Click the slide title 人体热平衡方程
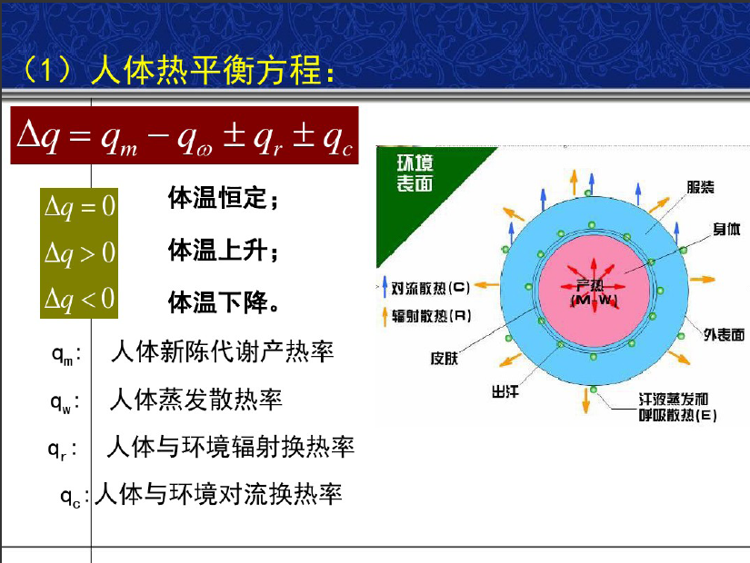click(205, 70)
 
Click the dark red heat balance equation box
click(185, 135)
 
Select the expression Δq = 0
click(79, 207)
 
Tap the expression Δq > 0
click(79, 252)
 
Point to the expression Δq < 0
click(79, 299)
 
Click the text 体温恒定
click(217, 197)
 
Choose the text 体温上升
click(217, 250)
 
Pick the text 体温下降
click(217, 302)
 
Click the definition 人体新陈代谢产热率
click(223, 351)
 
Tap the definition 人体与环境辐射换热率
click(231, 447)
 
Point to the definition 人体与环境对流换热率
click(218, 494)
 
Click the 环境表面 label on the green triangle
click(415, 173)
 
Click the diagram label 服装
click(700, 187)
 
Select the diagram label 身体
click(726, 229)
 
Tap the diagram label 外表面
click(724, 334)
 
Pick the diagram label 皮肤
click(445, 358)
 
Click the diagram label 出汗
click(505, 392)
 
